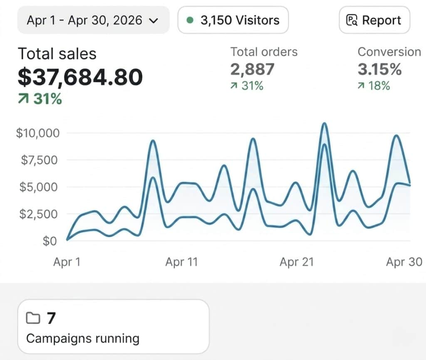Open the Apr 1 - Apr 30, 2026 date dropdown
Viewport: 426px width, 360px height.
point(93,20)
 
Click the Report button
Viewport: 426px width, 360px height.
point(374,20)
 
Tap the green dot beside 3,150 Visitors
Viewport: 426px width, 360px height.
point(190,20)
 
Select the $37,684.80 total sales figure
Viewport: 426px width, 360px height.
point(80,77)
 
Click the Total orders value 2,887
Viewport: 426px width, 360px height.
point(253,69)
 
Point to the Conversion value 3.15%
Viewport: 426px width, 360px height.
point(379,69)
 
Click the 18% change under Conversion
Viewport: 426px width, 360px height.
point(374,86)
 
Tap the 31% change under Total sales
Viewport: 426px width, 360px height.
point(40,99)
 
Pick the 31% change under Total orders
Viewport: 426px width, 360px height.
point(247,86)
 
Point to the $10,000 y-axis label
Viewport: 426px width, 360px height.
point(38,133)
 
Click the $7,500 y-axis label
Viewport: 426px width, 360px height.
point(40,160)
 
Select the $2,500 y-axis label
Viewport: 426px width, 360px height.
point(39,214)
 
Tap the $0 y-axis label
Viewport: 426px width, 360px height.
point(50,241)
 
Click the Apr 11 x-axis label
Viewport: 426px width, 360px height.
point(181,262)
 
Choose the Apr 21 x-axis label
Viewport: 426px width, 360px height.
point(297,262)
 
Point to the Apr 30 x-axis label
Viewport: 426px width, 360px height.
point(404,262)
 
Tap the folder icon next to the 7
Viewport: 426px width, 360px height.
point(33,318)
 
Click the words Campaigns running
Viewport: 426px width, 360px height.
point(83,338)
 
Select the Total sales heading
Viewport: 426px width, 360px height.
point(57,54)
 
